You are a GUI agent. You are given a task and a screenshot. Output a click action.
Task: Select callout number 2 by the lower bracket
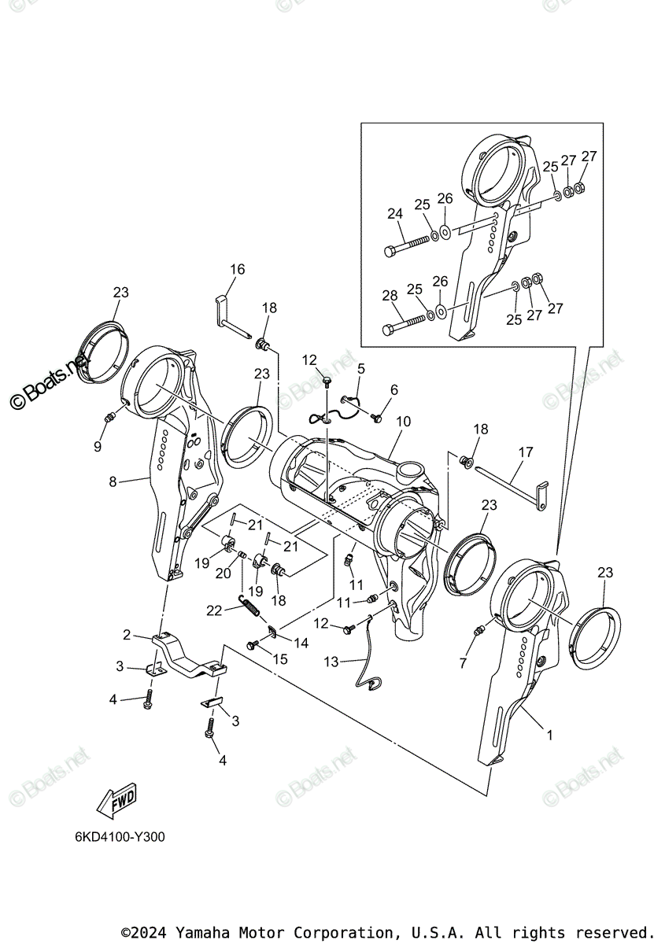[126, 635]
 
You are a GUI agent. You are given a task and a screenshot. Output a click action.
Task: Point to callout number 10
[403, 422]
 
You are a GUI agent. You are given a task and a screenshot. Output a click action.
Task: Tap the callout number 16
[237, 270]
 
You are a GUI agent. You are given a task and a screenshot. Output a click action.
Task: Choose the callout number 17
[526, 452]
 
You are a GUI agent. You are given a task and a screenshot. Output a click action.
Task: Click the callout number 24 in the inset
[394, 214]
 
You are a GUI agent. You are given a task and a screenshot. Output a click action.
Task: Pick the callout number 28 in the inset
[390, 296]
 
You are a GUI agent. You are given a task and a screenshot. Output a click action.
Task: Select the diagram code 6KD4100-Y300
[115, 837]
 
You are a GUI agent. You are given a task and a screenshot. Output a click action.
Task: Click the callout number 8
[113, 481]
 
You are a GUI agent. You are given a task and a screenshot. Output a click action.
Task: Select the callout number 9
[98, 446]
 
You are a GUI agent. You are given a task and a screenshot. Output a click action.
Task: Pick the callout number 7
[463, 664]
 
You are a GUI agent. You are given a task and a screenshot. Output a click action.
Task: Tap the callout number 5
[360, 368]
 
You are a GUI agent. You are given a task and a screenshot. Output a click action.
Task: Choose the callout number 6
[394, 389]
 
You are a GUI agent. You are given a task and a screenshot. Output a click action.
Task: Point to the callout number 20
[224, 574]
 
